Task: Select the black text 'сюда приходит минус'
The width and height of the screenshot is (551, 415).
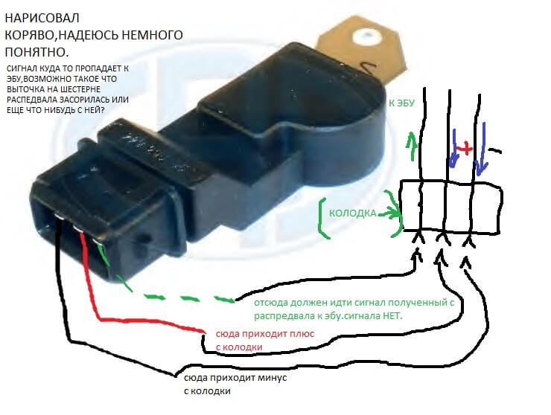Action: coord(235,379)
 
